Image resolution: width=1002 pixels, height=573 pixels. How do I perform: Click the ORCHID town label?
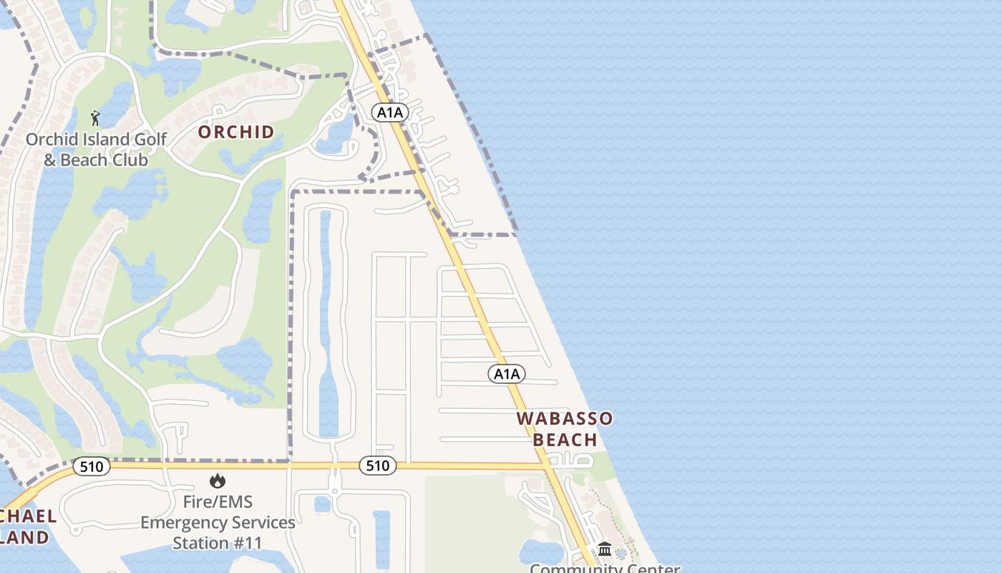pos(236,132)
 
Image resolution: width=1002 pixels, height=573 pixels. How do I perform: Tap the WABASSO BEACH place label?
pos(565,428)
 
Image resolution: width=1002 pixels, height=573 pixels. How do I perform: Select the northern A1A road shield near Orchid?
pos(390,112)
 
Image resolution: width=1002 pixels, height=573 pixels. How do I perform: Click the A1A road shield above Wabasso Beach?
pos(507,373)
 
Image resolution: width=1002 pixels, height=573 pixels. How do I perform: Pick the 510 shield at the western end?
pos(92,467)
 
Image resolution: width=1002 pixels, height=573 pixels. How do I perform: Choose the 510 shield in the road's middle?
pos(377,466)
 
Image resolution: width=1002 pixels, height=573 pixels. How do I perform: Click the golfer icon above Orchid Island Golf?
pos(95,118)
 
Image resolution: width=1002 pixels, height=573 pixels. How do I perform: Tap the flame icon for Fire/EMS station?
pos(218,481)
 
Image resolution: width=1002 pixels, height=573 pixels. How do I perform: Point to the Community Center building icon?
pos(605,549)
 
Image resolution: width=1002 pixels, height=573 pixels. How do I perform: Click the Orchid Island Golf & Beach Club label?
pos(96,150)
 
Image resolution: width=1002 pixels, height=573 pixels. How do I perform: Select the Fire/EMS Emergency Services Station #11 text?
pos(218,522)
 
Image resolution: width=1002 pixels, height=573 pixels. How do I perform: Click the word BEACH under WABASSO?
pos(565,439)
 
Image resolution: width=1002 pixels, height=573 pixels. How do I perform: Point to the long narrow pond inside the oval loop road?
pos(326,322)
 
